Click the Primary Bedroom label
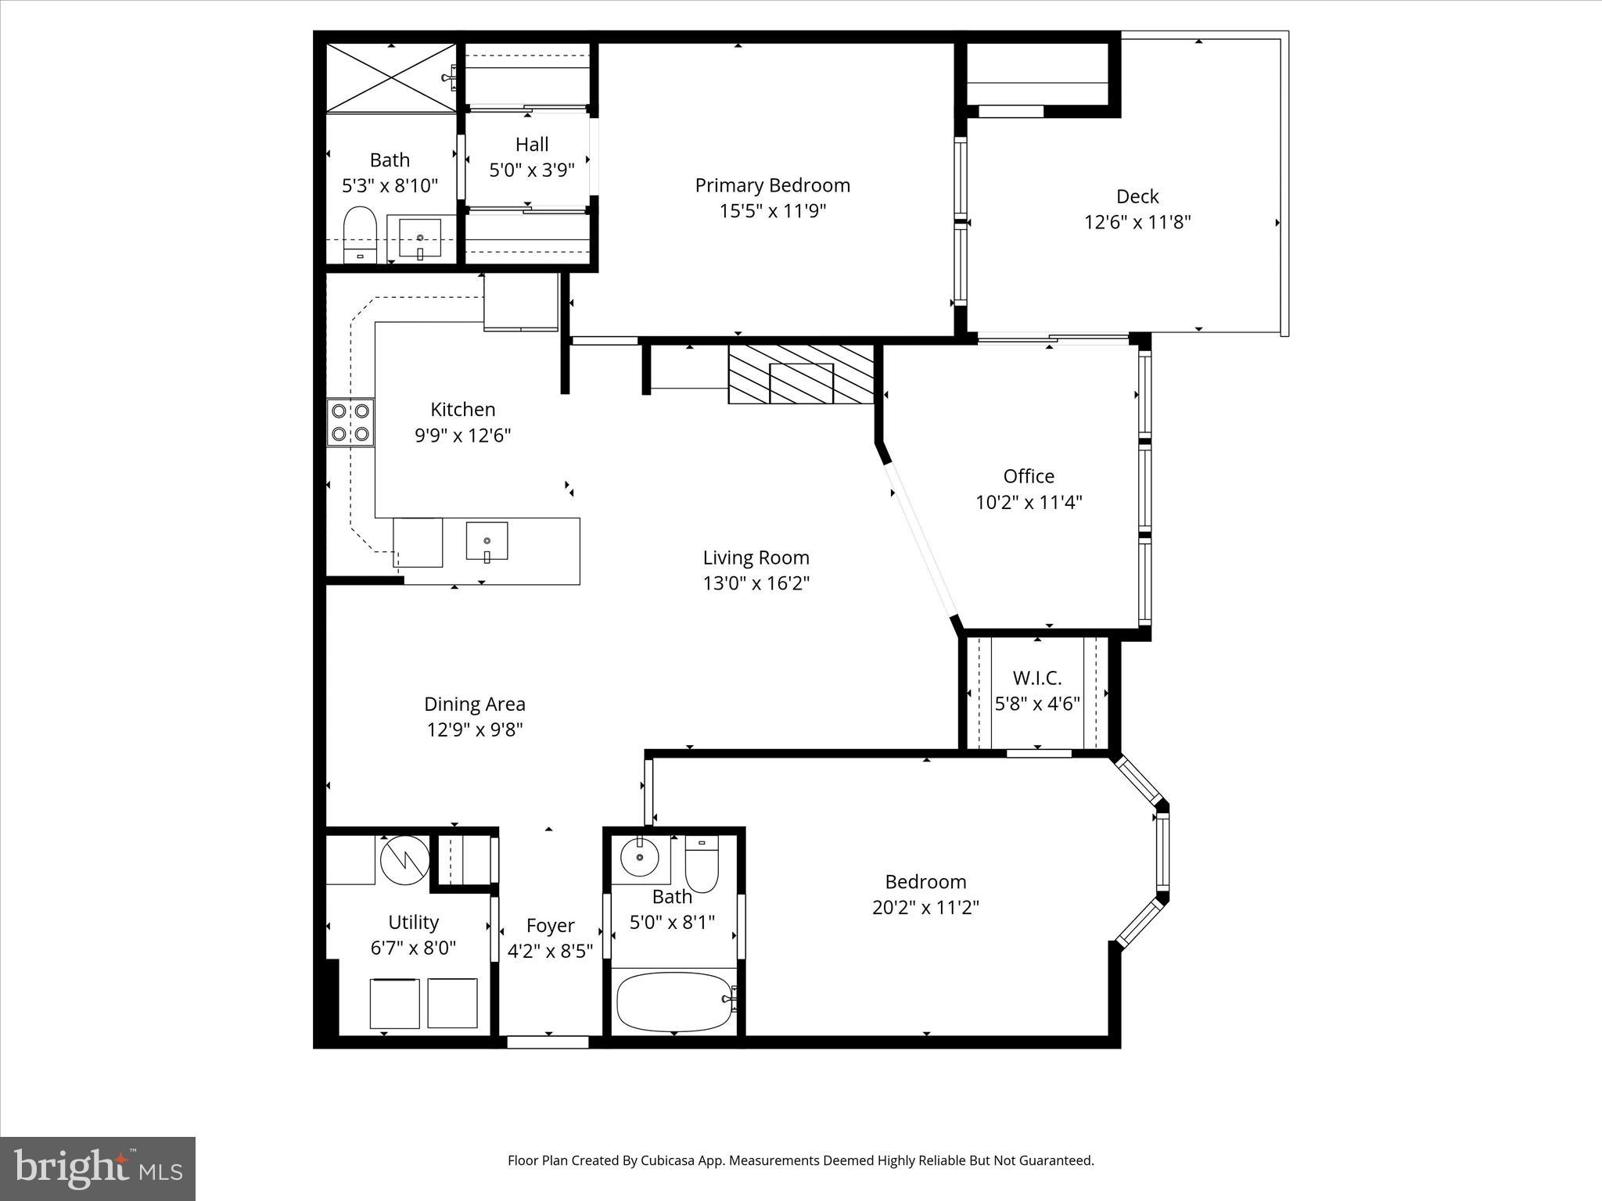tap(772, 185)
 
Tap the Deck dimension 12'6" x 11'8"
tap(1137, 222)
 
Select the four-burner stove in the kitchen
tap(350, 421)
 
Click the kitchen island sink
tap(487, 541)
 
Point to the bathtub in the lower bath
tap(673, 1002)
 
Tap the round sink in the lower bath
tap(640, 858)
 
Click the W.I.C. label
tap(1037, 678)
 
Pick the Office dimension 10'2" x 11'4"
tap(1028, 502)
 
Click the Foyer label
tap(550, 926)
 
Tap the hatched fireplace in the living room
tap(801, 375)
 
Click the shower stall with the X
tap(390, 78)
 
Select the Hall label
tap(532, 145)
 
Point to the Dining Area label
tap(474, 704)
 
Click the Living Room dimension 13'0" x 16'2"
tap(756, 583)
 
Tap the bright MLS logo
tap(98, 1168)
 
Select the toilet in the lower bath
tap(701, 863)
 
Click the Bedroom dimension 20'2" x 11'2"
tap(925, 908)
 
